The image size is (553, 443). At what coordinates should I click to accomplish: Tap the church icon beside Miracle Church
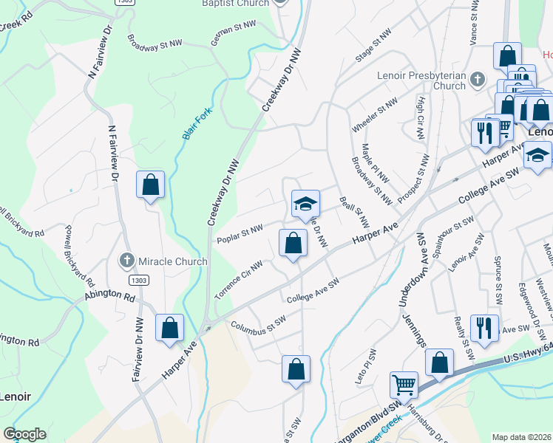click(x=127, y=261)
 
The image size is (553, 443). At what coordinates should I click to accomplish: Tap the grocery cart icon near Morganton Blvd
click(x=403, y=385)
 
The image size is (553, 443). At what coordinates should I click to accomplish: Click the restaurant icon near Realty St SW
click(x=484, y=327)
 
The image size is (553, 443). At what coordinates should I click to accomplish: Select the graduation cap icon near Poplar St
click(x=305, y=204)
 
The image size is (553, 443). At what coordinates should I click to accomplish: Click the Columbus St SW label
click(x=257, y=323)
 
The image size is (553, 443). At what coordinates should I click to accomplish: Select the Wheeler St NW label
click(x=375, y=115)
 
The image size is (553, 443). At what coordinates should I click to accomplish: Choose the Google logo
click(x=24, y=434)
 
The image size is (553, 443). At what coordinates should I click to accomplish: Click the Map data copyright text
click(x=522, y=437)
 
